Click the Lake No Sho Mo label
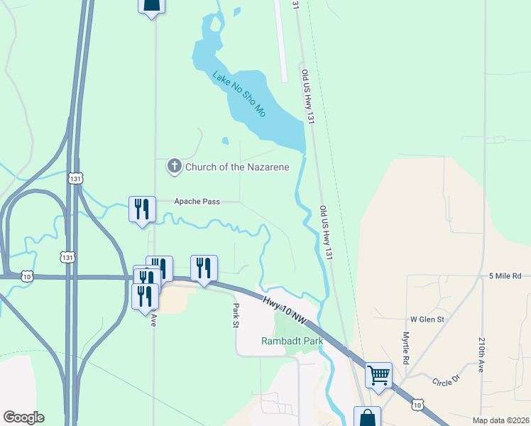coord(240,94)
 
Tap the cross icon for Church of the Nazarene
coord(174,167)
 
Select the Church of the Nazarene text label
coord(237,168)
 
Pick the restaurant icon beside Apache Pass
coord(142,209)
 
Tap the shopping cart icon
coord(379,374)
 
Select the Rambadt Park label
coord(292,342)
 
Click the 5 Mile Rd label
coord(505,275)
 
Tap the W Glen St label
coord(427,319)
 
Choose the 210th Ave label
coord(481,355)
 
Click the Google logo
coord(23,417)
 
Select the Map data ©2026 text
coord(500,420)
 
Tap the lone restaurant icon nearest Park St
coord(204,268)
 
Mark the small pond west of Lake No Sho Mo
coord(225,141)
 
